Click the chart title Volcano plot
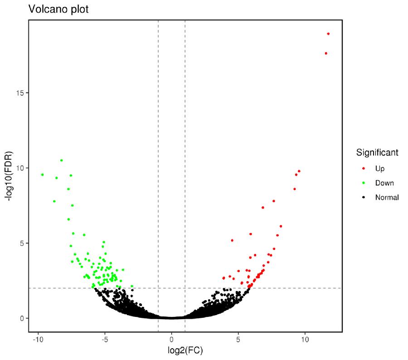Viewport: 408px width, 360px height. coord(58,9)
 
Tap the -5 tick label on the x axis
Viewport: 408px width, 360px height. coord(105,339)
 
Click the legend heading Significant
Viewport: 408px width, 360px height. coord(377,152)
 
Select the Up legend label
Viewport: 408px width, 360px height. coord(379,169)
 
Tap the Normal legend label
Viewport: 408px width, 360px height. coord(387,198)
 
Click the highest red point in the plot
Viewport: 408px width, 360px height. coord(328,34)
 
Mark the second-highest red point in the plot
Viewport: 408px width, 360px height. coord(325,54)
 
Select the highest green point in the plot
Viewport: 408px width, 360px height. coord(61,160)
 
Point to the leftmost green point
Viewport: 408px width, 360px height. coord(42,175)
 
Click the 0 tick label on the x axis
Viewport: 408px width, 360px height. coord(171,339)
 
